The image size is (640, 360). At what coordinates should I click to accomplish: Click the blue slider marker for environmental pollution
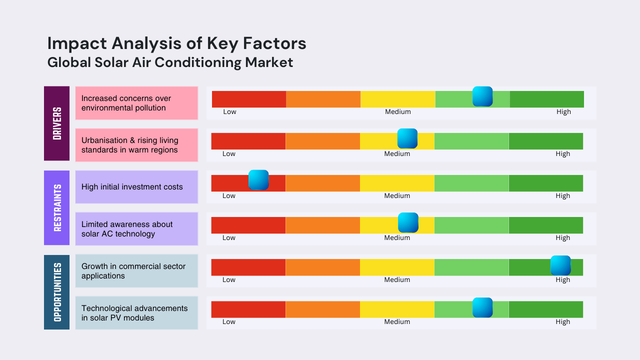pyautogui.click(x=482, y=96)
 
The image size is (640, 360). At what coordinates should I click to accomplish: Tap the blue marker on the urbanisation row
pyautogui.click(x=407, y=138)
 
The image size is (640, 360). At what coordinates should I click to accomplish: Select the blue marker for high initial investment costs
pyautogui.click(x=258, y=180)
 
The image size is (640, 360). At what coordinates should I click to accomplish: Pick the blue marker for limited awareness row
pyautogui.click(x=408, y=222)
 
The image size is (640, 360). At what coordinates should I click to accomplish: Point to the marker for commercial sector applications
pyautogui.click(x=560, y=265)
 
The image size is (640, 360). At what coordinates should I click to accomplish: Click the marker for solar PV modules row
pyautogui.click(x=482, y=307)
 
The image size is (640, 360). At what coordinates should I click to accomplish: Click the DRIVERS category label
pyautogui.click(x=56, y=123)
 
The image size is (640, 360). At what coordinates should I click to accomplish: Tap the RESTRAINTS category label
pyautogui.click(x=56, y=207)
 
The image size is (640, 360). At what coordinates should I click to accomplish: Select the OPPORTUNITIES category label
pyautogui.click(x=56, y=292)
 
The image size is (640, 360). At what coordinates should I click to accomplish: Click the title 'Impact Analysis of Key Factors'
pyautogui.click(x=176, y=43)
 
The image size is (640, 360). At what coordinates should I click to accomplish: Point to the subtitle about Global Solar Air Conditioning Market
pyautogui.click(x=170, y=62)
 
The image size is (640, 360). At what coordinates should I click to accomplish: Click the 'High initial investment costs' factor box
pyautogui.click(x=136, y=187)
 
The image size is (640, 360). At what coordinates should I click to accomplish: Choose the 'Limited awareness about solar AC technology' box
pyautogui.click(x=136, y=229)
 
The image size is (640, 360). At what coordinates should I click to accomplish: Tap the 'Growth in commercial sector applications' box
pyautogui.click(x=136, y=271)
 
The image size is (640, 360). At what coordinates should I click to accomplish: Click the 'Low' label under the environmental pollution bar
pyautogui.click(x=229, y=112)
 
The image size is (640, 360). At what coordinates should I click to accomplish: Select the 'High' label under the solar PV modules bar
pyautogui.click(x=562, y=322)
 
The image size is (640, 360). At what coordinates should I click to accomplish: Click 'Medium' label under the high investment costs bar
pyautogui.click(x=397, y=196)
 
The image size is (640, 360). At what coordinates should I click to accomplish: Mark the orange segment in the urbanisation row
pyautogui.click(x=322, y=141)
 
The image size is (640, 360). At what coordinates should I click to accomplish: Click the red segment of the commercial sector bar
pyautogui.click(x=248, y=267)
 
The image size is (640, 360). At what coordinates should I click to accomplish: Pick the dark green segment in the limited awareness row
pyautogui.click(x=545, y=225)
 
